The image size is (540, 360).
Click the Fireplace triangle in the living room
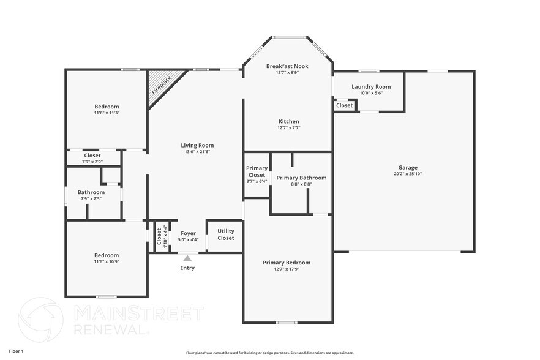(160, 84)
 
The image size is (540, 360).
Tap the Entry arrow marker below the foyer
(187, 259)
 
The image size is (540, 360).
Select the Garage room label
(408, 167)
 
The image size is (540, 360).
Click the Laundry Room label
(371, 86)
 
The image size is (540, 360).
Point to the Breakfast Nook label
(287, 66)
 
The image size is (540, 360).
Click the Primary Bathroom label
(301, 178)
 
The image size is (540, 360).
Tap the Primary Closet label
(257, 171)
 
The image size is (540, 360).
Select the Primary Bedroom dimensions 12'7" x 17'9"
(287, 269)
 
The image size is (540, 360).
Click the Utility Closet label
(225, 234)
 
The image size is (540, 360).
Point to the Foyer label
(188, 233)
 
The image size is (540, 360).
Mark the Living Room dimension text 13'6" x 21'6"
(197, 152)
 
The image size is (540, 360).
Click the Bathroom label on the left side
(91, 192)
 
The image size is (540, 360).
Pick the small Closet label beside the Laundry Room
(344, 105)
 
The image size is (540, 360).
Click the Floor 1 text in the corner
(16, 351)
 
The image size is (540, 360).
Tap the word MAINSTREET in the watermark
(138, 313)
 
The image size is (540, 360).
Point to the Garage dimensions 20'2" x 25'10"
(408, 174)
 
